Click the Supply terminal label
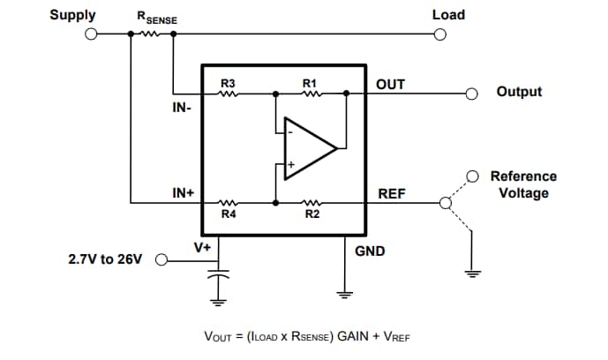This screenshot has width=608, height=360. pos(73,15)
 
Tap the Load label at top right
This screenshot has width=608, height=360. pos(448,15)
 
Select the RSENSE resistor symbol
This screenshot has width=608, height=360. pos(148,34)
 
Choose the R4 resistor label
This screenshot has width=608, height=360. pos(228,214)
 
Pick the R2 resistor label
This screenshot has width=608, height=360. pos(312,214)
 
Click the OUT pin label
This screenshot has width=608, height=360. pos(390,84)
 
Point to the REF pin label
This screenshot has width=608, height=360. pos(390,192)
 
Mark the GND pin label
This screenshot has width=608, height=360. pos(370,251)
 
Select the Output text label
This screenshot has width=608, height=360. pos(519,92)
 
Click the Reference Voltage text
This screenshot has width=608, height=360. pos(523,184)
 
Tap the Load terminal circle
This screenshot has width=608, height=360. pos(440,34)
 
